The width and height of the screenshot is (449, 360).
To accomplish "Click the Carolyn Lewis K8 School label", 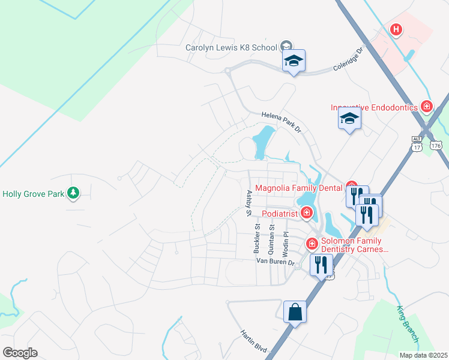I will click(231, 47).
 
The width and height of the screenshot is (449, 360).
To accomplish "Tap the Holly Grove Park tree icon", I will click(73, 193).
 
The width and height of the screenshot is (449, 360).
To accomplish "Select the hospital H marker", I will click(396, 29).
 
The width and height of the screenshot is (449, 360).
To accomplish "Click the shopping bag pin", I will click(295, 313).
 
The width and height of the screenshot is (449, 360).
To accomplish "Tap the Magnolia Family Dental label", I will click(300, 188).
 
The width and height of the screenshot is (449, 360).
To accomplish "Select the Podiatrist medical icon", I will click(307, 212).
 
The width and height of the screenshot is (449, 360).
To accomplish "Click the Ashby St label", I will click(249, 203).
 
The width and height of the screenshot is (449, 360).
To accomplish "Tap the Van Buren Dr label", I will click(276, 262).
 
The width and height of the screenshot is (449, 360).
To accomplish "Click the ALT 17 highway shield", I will click(417, 142).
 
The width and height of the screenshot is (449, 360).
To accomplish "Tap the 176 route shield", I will click(435, 145).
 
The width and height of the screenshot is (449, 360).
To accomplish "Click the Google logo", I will click(20, 352).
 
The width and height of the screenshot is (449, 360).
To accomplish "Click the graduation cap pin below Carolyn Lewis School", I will click(294, 61).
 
